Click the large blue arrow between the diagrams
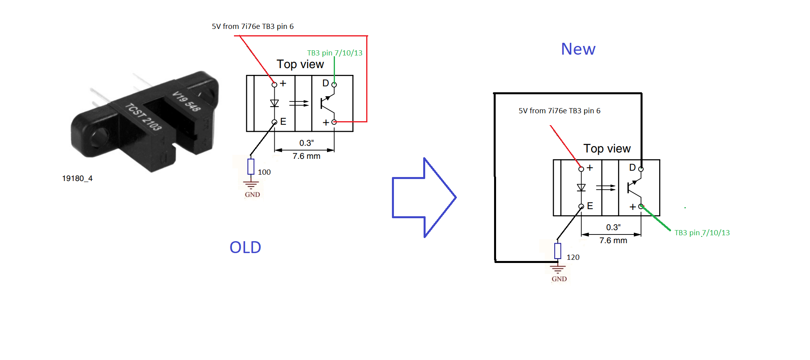tap(424, 198)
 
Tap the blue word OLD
tap(245, 248)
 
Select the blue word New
tap(578, 49)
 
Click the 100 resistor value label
tap(264, 172)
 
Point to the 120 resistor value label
tap(573, 257)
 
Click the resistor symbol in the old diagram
tap(251, 167)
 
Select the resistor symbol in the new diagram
tap(558, 251)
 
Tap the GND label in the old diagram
tap(252, 194)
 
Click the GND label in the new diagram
tap(559, 279)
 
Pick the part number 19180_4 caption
tap(77, 178)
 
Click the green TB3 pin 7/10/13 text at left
tap(335, 53)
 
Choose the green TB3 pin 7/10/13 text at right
tap(702, 233)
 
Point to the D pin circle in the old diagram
tap(334, 85)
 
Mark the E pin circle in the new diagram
tap(581, 206)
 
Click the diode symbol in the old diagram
tap(274, 103)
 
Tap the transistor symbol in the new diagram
tap(634, 188)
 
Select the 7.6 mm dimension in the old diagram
tap(306, 156)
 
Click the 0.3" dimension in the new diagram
tap(613, 227)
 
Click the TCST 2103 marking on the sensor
tap(143, 117)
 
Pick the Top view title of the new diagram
tap(607, 149)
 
